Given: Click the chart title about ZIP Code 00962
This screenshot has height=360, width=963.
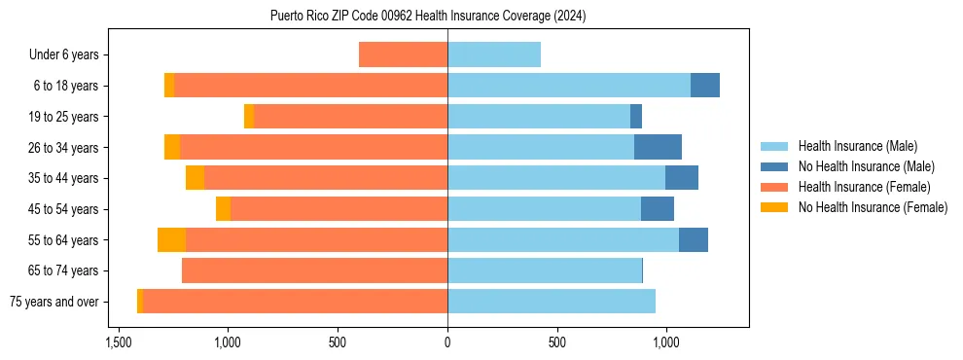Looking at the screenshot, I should click(428, 16).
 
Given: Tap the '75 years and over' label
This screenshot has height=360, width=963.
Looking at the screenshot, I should click(53, 302).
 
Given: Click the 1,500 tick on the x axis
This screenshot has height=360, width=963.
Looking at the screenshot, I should click(119, 342).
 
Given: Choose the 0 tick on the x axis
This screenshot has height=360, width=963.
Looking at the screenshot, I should click(447, 342).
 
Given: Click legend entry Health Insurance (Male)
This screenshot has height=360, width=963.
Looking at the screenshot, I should click(857, 146).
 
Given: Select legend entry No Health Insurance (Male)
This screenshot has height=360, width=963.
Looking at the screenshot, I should click(866, 166).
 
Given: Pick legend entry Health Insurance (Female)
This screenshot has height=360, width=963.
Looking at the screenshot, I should click(864, 187).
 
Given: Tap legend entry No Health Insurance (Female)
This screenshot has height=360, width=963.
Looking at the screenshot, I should click(873, 207).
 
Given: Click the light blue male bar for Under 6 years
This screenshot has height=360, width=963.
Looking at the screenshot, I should click(494, 55).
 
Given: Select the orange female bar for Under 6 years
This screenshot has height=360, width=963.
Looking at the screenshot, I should click(403, 55).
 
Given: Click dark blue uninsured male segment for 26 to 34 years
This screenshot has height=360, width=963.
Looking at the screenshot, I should click(658, 148).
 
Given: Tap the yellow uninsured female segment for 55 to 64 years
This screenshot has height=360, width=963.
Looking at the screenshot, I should click(171, 240).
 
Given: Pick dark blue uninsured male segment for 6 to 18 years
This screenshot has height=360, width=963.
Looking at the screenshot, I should click(705, 86).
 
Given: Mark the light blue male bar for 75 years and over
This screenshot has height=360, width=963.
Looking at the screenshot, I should click(552, 302).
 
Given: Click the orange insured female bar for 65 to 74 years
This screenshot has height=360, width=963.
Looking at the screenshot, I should click(314, 270).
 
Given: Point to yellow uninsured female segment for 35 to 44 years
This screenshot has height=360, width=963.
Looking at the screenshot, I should click(195, 178).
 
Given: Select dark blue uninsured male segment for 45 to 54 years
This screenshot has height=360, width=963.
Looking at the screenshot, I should click(658, 209).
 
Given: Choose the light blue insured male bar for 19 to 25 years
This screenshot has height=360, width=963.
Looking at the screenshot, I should click(539, 117).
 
